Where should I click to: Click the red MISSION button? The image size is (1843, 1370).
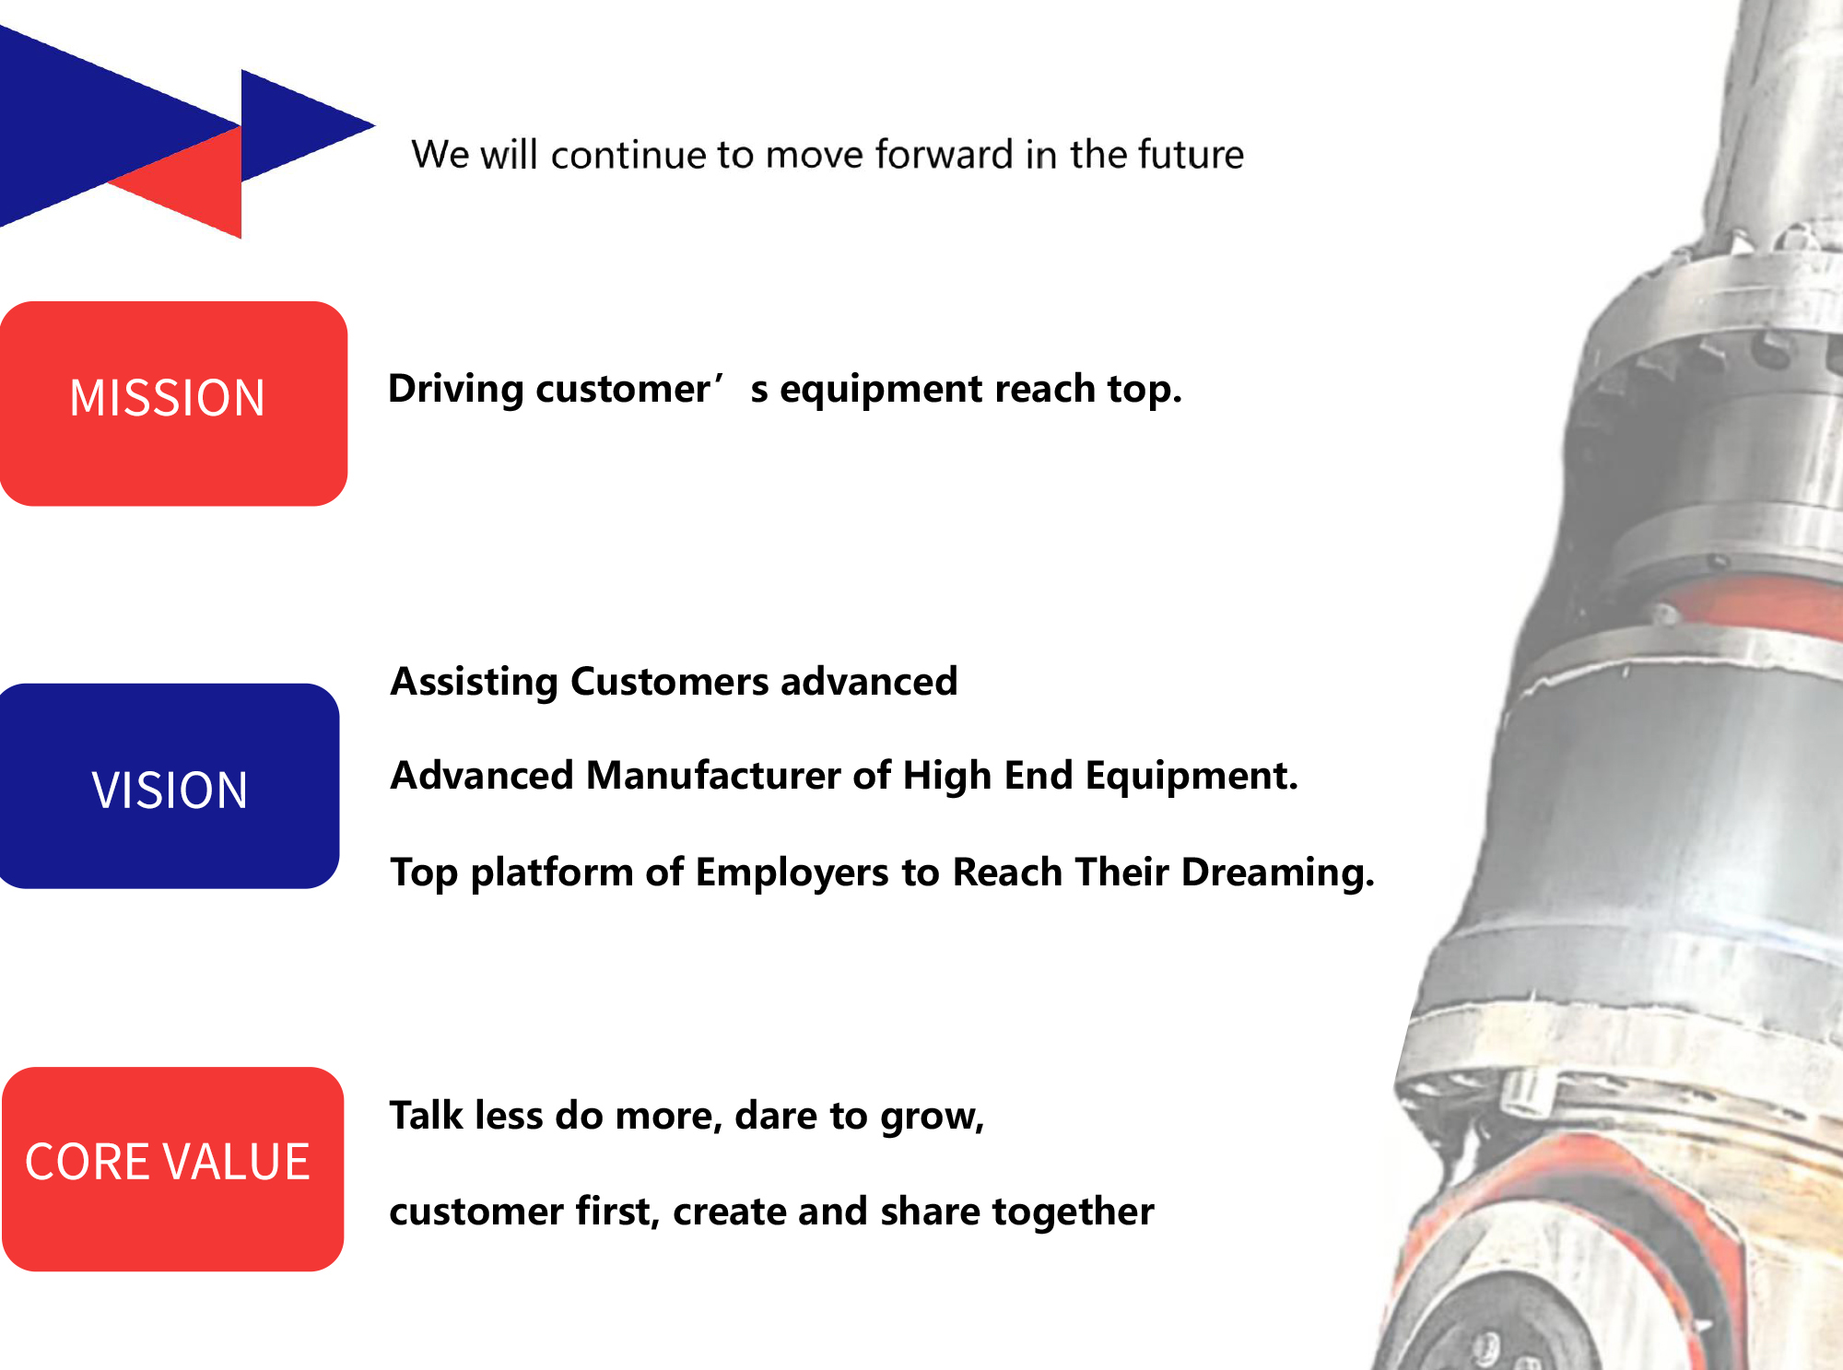173,404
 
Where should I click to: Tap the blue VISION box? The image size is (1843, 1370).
170,786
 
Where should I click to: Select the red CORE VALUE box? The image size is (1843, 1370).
173,1169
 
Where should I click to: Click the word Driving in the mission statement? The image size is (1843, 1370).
455,390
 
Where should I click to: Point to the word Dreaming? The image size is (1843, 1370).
1277,872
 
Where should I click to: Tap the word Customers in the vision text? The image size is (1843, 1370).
670,682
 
